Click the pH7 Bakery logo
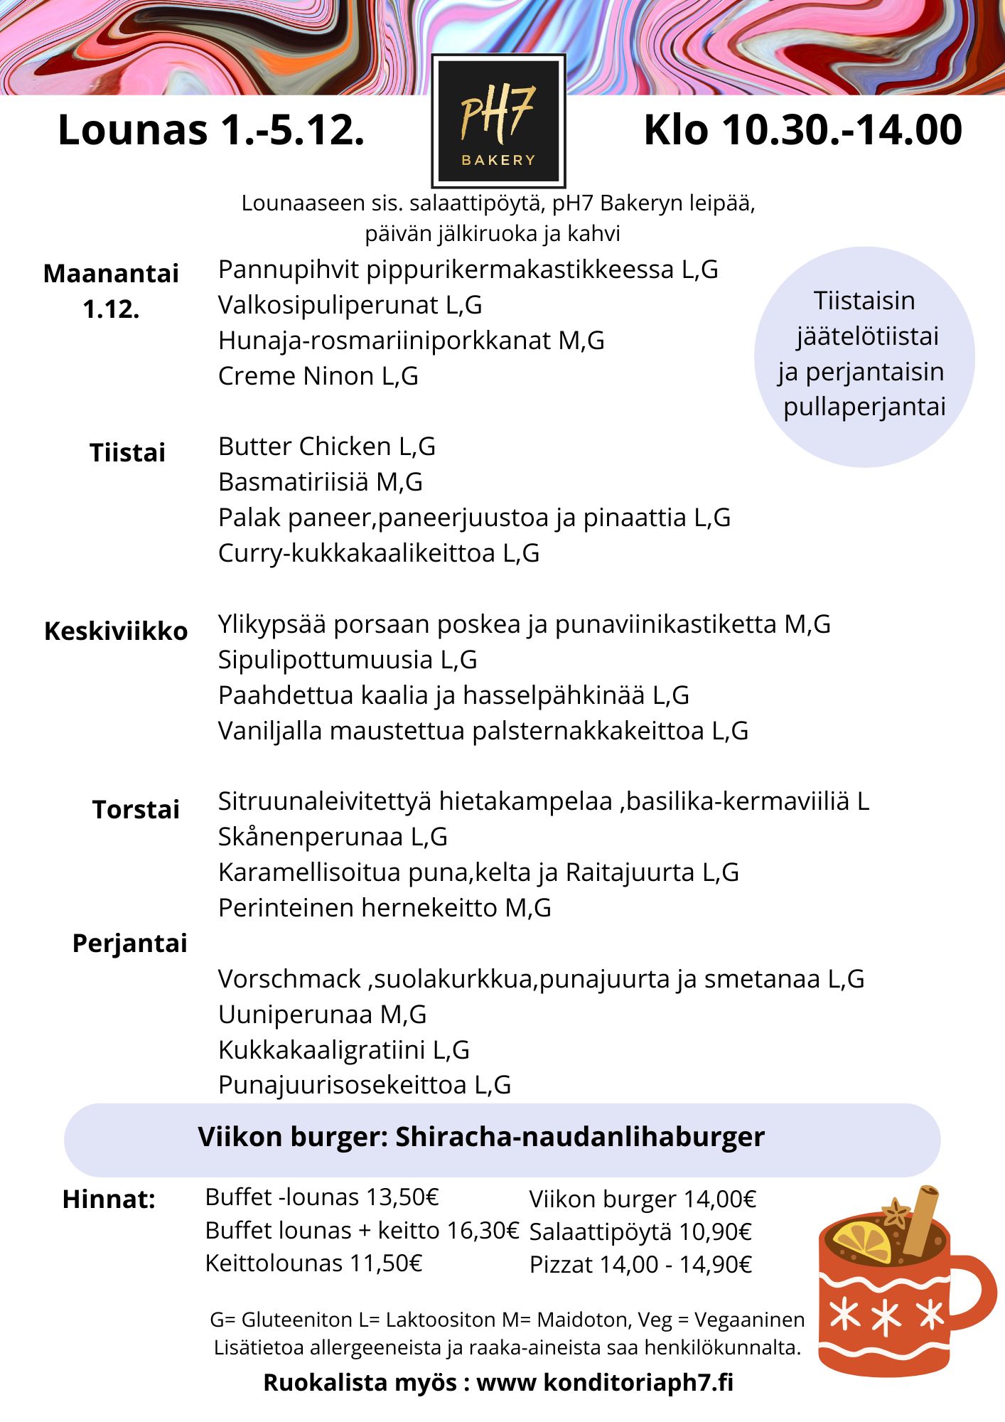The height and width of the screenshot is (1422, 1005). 498,121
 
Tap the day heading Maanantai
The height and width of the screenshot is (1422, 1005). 111,274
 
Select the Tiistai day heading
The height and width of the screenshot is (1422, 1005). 127,453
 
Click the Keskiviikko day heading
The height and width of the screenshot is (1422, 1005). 116,631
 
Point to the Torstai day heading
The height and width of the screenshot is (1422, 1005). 136,810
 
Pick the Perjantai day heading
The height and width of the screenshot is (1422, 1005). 130,943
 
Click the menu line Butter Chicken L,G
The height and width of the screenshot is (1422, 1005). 326,447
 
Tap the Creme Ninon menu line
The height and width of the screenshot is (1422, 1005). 318,376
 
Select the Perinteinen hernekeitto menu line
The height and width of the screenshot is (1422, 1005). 385,908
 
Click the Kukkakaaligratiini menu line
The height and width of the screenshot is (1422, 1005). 343,1050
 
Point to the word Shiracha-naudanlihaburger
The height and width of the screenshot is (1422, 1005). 580,1137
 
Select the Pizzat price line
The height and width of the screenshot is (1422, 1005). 640,1265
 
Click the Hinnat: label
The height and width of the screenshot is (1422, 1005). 109,1199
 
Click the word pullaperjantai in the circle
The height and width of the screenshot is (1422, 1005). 864,407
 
